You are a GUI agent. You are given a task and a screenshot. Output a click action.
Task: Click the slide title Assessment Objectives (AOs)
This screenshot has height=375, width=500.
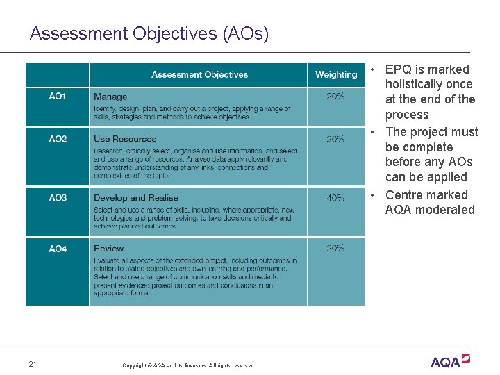point(149,33)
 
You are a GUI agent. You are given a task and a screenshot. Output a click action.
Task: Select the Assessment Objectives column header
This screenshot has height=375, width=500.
point(199,75)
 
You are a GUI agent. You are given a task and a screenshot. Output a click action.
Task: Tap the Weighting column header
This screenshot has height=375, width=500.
point(335,75)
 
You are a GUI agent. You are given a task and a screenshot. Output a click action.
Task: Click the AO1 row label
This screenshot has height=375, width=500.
point(58,97)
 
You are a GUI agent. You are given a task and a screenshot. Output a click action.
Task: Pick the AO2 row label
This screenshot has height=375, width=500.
point(58,139)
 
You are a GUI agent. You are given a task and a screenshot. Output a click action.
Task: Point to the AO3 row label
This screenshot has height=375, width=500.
point(58,198)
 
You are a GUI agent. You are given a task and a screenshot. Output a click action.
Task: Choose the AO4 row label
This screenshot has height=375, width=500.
point(58,249)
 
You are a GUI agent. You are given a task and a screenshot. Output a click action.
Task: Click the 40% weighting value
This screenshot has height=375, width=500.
point(335,198)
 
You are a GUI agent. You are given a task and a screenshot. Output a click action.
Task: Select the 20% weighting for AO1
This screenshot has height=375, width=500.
point(335,97)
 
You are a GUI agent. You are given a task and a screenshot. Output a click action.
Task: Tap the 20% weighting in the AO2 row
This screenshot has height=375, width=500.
point(335,139)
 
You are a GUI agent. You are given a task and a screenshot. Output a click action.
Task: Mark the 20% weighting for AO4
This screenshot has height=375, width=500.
point(335,249)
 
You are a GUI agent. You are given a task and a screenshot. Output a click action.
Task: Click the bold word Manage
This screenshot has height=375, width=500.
point(110,97)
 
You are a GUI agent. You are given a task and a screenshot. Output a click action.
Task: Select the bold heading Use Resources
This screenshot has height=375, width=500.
point(125,140)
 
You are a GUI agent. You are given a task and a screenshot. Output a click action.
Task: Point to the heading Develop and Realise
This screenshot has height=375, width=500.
point(136,199)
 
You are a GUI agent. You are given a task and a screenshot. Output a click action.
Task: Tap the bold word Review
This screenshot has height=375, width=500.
point(109,249)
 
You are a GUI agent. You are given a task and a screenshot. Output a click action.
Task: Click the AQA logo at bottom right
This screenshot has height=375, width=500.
point(450,361)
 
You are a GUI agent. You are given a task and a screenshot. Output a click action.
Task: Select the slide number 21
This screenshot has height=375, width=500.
point(33,364)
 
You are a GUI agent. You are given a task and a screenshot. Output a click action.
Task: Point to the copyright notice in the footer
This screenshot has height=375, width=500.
point(188,365)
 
